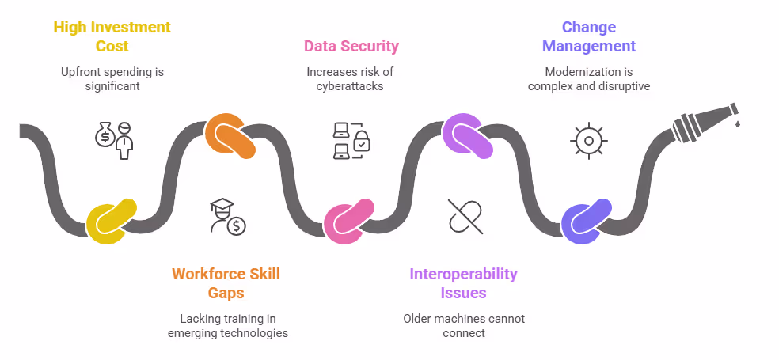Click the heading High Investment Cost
pyautogui.click(x=112, y=37)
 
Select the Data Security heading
pyautogui.click(x=351, y=46)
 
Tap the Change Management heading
pyautogui.click(x=589, y=37)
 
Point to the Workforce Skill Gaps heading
pyautogui.click(x=226, y=283)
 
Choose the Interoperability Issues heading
pyautogui.click(x=463, y=283)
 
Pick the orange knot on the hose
pyautogui.click(x=230, y=137)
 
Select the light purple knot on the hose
pyautogui.click(x=467, y=136)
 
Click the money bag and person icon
pyautogui.click(x=112, y=140)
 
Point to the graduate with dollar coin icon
pyautogui.click(x=228, y=216)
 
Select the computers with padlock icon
pyautogui.click(x=350, y=140)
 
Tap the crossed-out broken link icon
pyautogui.click(x=465, y=216)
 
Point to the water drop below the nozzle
pyautogui.click(x=737, y=123)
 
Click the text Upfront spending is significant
pyautogui.click(x=112, y=78)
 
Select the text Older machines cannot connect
pyautogui.click(x=464, y=325)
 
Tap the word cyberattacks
pyautogui.click(x=351, y=85)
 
